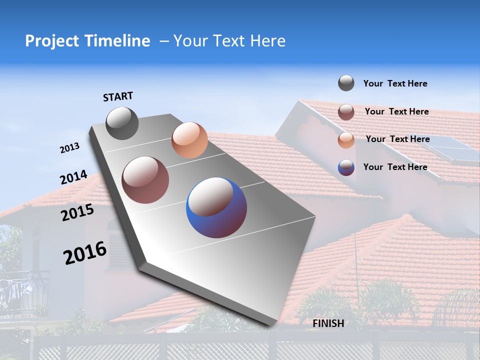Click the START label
118,96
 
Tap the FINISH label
328,323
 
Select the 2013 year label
69,148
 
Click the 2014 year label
73,177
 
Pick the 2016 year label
85,253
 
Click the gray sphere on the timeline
122,123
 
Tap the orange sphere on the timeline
189,140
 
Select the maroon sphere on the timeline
145,180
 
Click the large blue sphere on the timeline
216,207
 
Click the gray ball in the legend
346,83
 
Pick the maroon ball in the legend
346,112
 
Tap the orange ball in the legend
346,140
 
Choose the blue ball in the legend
346,167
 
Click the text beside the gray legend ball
395,84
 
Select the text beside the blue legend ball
395,167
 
